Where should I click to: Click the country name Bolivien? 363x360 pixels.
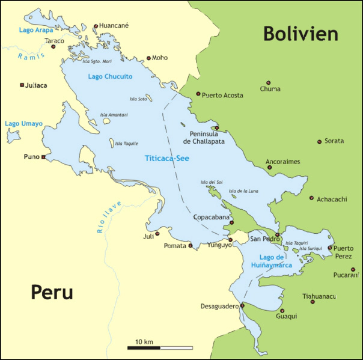[x=300, y=34]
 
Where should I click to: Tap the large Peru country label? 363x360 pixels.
[x=52, y=293]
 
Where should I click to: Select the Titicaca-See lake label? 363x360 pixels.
[x=166, y=158]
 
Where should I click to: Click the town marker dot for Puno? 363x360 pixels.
[x=43, y=157]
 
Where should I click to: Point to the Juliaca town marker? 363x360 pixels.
[x=22, y=85]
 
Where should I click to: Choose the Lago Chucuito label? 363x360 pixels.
[x=110, y=76]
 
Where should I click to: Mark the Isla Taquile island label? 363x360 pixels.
[x=126, y=144]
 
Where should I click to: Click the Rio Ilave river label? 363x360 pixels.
[x=108, y=216]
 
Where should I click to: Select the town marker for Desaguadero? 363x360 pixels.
[x=242, y=305]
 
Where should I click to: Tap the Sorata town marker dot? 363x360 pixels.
[x=320, y=142]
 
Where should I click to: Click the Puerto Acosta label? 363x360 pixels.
[x=222, y=95]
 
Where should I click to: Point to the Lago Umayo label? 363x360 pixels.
[x=20, y=123]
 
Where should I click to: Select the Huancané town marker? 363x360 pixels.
[x=96, y=26]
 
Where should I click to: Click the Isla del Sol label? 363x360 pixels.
[x=212, y=182]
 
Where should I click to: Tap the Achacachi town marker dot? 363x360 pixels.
[x=311, y=198]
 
